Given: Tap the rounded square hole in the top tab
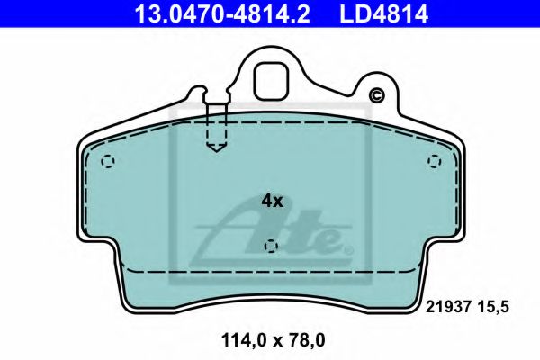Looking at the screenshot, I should tap(269, 82).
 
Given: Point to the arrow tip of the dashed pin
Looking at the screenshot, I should tap(215, 148).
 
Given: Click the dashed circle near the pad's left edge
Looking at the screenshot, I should tap(109, 163).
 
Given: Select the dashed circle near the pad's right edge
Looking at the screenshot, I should tap(435, 162).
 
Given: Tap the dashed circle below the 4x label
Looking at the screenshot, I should tap(271, 247).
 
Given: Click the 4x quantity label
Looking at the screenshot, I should tap(272, 202).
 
